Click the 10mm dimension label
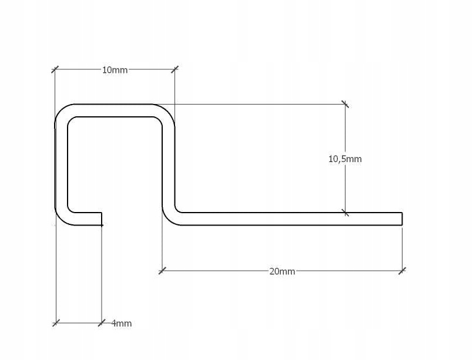[x=115, y=70]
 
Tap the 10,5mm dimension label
[x=345, y=159]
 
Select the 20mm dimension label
[x=282, y=271]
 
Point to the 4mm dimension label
[x=122, y=323]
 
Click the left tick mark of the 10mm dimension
[x=55, y=69]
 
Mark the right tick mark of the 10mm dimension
[x=175, y=69]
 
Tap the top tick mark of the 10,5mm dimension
[x=345, y=105]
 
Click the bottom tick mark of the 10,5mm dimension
[x=345, y=213]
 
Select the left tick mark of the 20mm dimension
[x=162, y=271]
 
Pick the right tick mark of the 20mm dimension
[x=402, y=271]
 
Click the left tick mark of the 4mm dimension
[x=56, y=322]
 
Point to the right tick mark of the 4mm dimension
[x=102, y=322]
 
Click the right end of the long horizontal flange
[x=401, y=218]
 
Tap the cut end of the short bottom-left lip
[x=102, y=218]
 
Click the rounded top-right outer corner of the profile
[x=168, y=111]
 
